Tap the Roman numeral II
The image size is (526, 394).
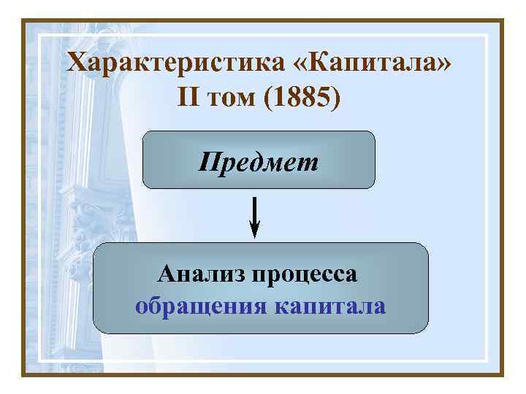[x=188, y=97]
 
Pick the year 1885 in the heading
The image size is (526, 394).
[x=301, y=97]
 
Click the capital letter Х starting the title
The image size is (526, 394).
[x=77, y=63]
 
